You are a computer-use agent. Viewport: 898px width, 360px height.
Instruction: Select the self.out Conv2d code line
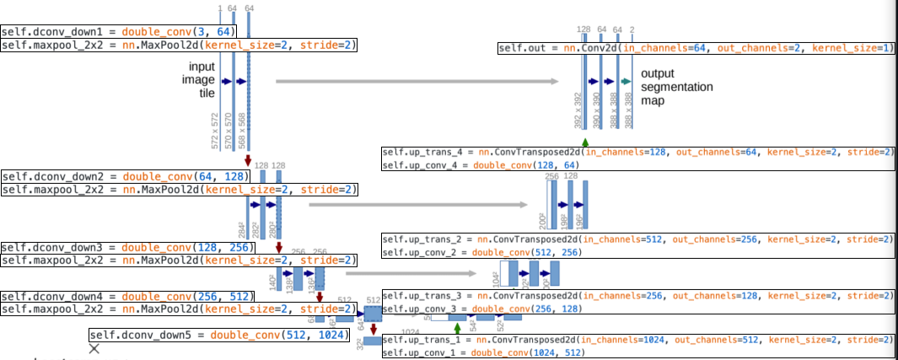click(x=695, y=49)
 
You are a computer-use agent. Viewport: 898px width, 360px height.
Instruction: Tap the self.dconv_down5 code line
click(x=218, y=335)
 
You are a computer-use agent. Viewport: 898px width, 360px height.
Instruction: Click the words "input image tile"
click(x=203, y=79)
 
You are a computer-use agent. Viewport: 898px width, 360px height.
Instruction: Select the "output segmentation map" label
click(x=676, y=87)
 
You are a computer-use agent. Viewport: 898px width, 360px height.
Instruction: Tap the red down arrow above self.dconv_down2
click(x=248, y=160)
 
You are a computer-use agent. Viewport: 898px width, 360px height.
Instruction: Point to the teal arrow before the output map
click(x=626, y=80)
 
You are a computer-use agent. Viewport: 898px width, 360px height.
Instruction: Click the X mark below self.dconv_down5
click(x=95, y=348)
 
